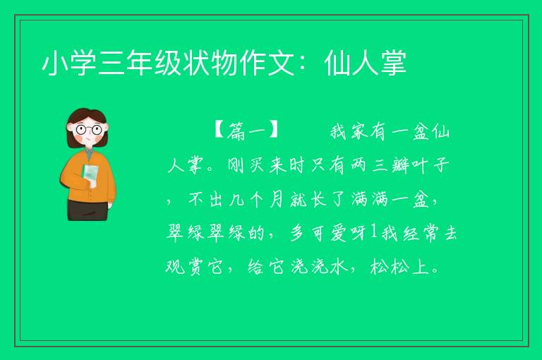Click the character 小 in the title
click(55, 63)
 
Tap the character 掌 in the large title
click(394, 63)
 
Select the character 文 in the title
click(281, 63)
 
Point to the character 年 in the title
click(140, 63)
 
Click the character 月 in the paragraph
click(277, 200)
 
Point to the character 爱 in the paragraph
click(339, 233)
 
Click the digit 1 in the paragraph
click(373, 232)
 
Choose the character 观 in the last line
click(175, 267)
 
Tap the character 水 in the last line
click(339, 267)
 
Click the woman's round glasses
click(88, 130)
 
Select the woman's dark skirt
click(88, 210)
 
